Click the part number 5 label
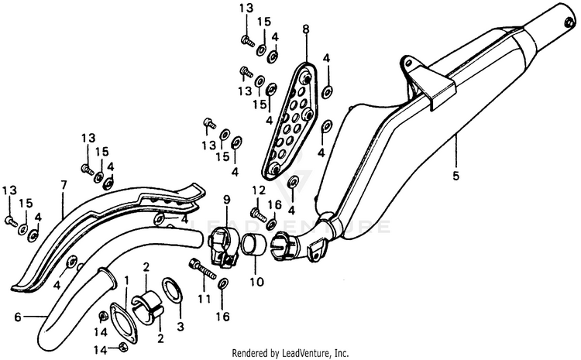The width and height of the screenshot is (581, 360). [x=456, y=176]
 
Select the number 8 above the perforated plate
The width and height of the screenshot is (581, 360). [x=306, y=30]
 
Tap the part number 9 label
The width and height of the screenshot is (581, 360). [x=226, y=201]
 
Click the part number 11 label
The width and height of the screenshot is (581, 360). [x=205, y=297]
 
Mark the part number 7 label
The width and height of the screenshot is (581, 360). [x=64, y=185]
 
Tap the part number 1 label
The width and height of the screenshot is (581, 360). [x=126, y=278]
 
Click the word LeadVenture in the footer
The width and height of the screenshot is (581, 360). [x=302, y=352]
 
